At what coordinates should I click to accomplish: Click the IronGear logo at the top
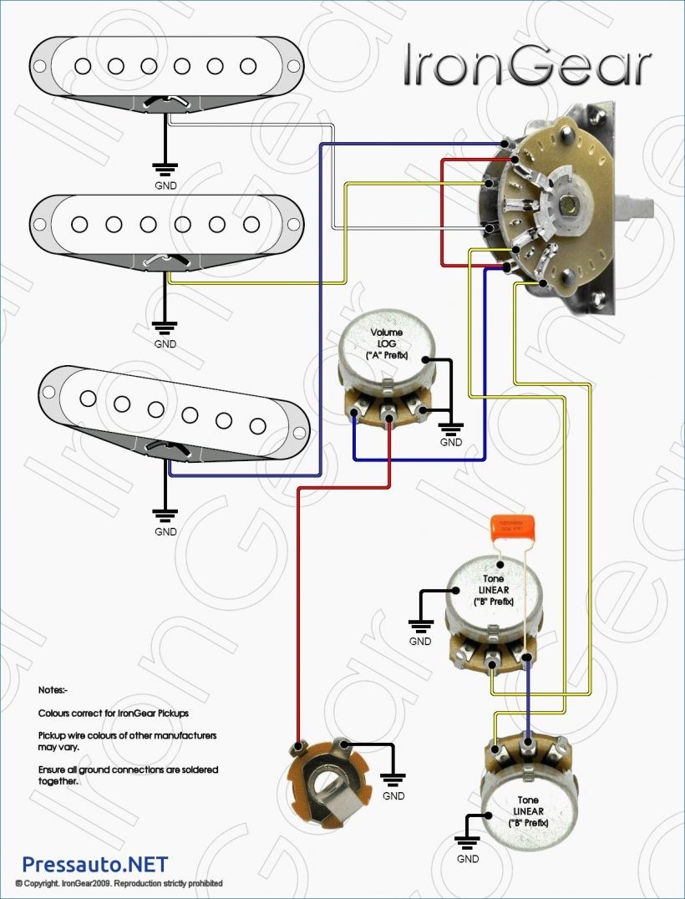coord(526,65)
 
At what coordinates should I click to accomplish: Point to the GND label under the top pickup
coord(165,185)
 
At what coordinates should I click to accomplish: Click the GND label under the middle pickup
coord(165,343)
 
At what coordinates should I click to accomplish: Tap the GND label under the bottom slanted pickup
coord(165,531)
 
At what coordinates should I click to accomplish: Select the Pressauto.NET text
coord(94,864)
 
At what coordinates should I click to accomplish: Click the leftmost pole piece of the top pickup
coord(81,65)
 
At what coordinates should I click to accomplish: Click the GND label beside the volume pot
coord(451,443)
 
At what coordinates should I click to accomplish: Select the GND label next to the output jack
coord(393,796)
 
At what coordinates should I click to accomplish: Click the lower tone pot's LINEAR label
coord(529,811)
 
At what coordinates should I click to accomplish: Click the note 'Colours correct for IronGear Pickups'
coord(114,714)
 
